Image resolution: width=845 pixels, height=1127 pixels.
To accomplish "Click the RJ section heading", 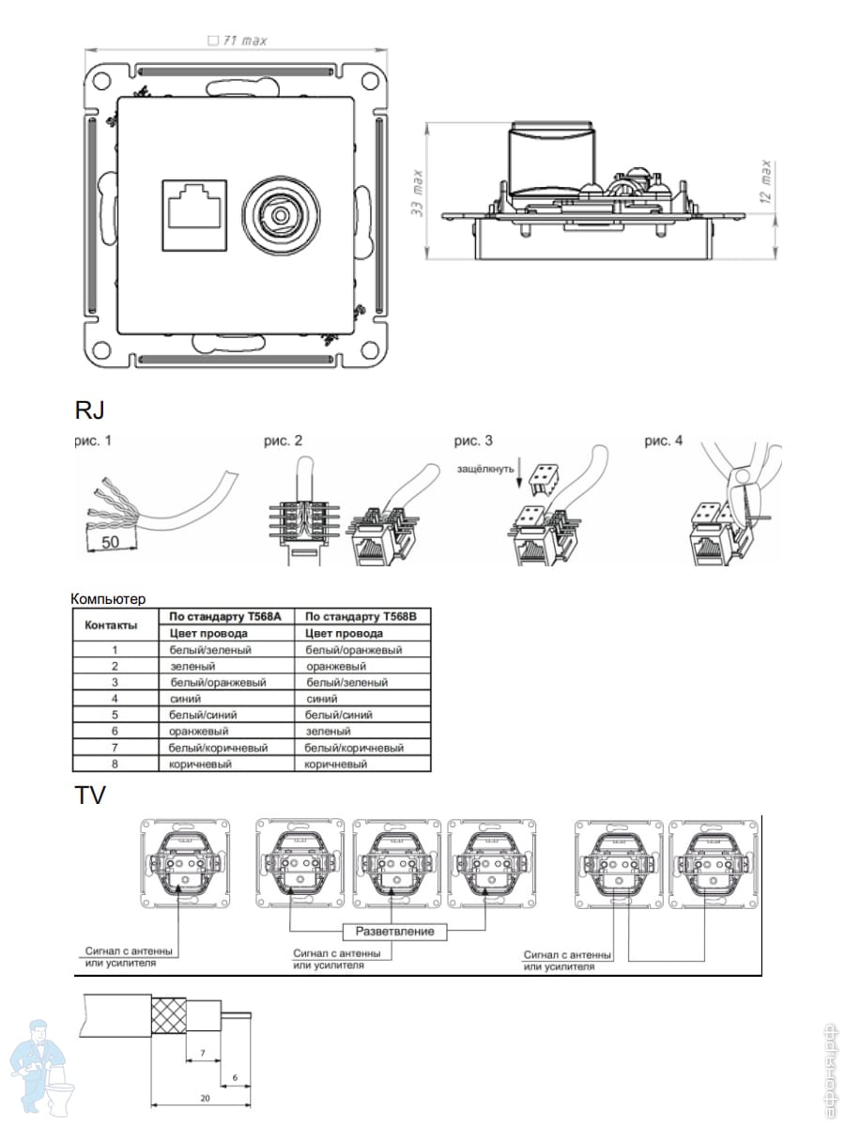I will pos(89,410).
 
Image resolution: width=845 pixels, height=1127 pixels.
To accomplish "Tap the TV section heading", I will pos(91,796).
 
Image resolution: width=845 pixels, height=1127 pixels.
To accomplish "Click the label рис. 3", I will pos(474,440).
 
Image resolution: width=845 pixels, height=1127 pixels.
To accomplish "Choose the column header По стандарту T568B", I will pos(361,617).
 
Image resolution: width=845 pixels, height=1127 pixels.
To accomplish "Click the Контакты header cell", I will pos(112,625).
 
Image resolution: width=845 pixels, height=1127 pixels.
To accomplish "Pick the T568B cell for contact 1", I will pos(354,650).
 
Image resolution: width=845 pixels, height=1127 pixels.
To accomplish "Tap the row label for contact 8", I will pos(114,764).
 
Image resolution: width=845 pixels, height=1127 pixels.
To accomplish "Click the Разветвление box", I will pos(393,932).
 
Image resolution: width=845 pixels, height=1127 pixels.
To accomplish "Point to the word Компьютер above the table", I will pos(108,598).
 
